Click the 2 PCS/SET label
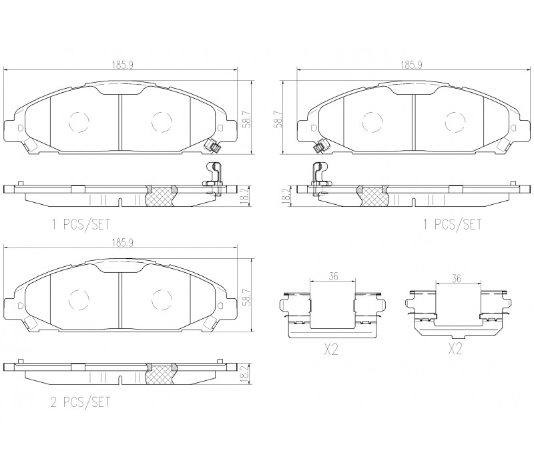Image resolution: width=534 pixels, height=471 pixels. pos(81,402)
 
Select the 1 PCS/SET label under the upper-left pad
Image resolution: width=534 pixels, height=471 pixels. pos(81,225)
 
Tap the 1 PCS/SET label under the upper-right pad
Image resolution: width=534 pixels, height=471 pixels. pos(453,225)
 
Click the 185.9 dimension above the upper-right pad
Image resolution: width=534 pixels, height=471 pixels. pos(411,65)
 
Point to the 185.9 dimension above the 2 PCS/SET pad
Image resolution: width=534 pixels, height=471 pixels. pos(123,243)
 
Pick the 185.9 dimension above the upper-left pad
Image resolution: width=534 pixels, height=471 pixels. pos(123,65)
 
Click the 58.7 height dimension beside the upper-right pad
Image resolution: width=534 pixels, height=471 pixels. pos(279,119)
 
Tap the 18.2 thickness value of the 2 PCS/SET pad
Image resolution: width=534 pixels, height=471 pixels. pos(244,375)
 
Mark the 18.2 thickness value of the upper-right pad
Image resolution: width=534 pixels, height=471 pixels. pos(286,195)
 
